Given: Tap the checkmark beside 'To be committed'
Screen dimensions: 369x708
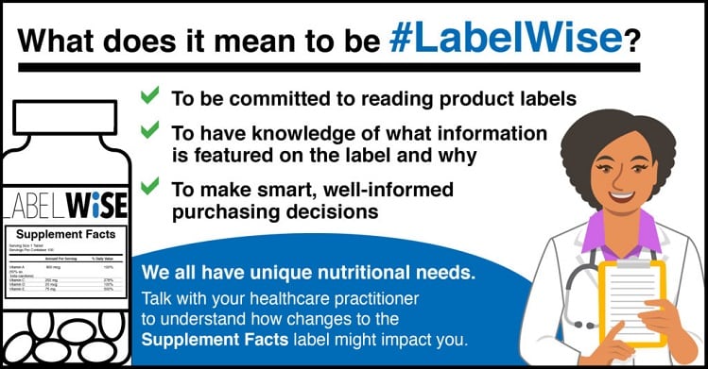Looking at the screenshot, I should tap(148, 95).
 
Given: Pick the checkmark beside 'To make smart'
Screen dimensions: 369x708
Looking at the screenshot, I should tap(148, 188).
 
